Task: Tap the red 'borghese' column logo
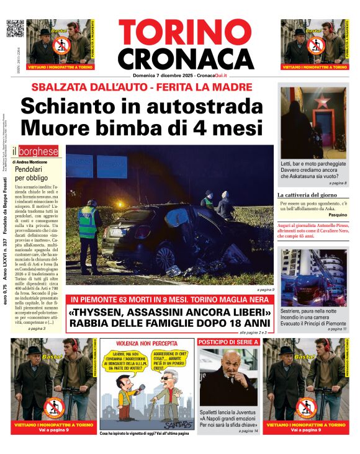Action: [x=40, y=151]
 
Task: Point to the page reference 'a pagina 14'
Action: [x=246, y=430]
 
